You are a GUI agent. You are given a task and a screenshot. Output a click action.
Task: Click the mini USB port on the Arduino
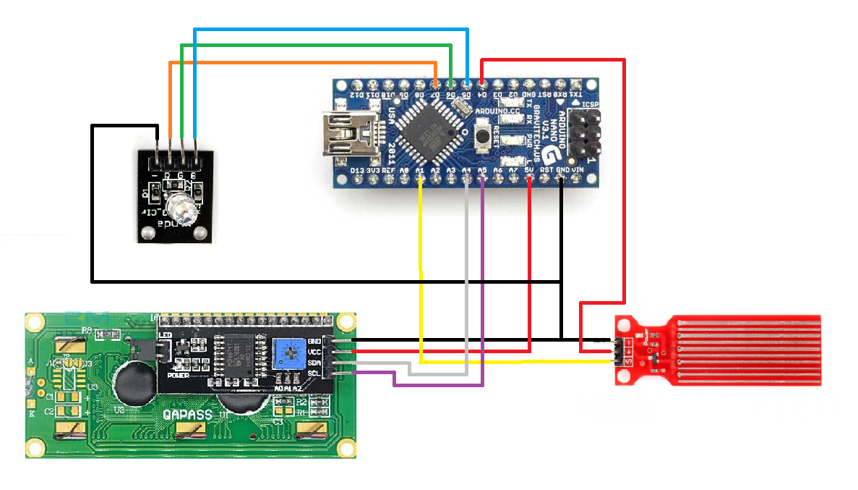coord(351,133)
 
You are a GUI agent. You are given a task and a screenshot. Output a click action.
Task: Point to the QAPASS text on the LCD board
coord(187,415)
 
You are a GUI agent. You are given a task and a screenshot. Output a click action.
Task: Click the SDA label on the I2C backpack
coord(314,362)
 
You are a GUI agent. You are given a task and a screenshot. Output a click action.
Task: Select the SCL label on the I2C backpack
coord(314,373)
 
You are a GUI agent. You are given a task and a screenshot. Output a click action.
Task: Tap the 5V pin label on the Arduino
coord(528,171)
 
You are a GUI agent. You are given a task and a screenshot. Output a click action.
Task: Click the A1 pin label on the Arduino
coord(420,171)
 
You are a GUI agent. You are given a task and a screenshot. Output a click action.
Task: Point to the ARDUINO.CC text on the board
coord(498,111)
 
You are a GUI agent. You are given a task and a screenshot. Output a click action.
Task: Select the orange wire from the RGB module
coord(304,63)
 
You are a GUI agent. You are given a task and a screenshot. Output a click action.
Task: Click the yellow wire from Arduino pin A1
coord(421,275)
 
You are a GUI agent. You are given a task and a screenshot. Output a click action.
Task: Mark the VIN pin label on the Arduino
coord(578,171)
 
